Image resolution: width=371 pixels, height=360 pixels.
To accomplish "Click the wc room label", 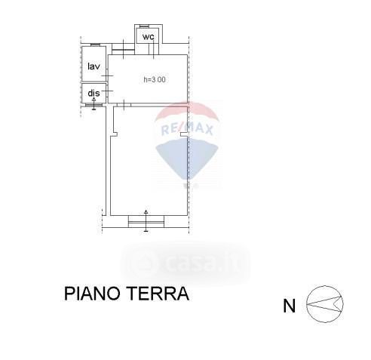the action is pos(148,37).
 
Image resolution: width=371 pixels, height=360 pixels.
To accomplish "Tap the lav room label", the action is pos(94,66).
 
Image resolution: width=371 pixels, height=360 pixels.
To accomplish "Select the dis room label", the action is pos(94,93).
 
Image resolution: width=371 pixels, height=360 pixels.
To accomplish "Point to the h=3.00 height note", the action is pos(155,79).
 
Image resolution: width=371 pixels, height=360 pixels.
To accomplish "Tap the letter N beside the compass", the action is pos(290,306).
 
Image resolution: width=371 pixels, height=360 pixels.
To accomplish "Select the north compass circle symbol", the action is pos(325,304).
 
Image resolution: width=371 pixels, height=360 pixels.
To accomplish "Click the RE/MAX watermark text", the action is pos(187,130).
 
